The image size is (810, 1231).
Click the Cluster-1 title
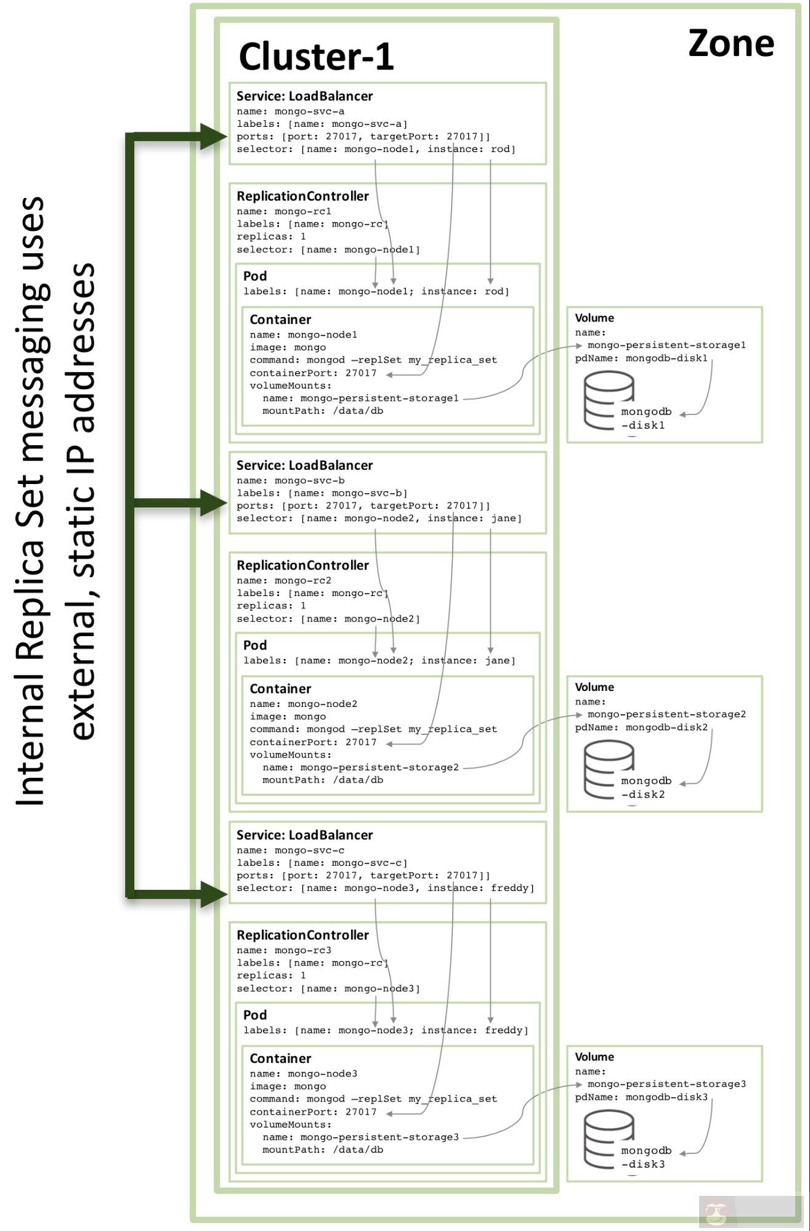click(x=316, y=57)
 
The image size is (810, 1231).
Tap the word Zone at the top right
click(x=731, y=44)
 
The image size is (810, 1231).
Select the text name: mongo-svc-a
click(x=290, y=111)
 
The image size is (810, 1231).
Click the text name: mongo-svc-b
click(x=290, y=480)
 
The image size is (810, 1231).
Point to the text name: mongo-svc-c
click(x=290, y=850)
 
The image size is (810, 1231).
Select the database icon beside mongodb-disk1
click(x=608, y=400)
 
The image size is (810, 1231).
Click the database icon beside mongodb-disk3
click(x=608, y=1139)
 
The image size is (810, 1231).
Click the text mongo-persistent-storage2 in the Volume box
click(x=666, y=714)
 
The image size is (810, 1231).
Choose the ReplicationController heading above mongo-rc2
click(x=302, y=565)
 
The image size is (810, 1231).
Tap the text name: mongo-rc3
click(x=284, y=950)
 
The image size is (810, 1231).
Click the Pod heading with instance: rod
click(x=255, y=276)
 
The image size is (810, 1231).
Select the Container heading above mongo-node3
click(x=280, y=1059)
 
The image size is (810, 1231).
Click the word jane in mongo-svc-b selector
click(x=504, y=519)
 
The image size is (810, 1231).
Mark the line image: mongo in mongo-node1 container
click(x=288, y=347)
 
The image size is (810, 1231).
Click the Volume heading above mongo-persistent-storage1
click(x=594, y=318)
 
